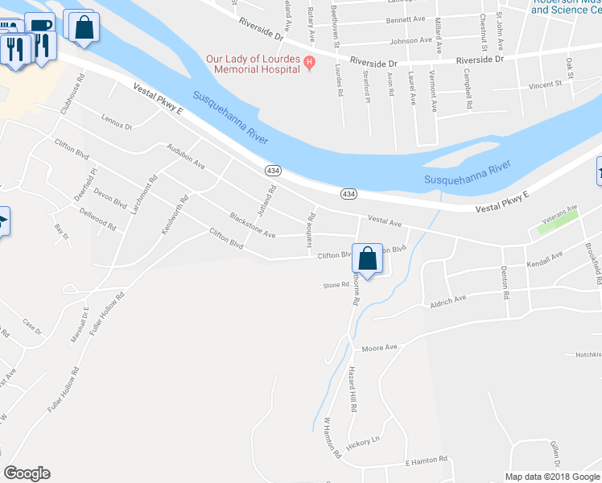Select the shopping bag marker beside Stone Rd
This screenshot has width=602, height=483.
[x=367, y=260]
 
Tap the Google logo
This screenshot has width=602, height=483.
[x=27, y=473]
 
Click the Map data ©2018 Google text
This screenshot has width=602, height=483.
[x=552, y=477]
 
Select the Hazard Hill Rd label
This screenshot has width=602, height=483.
[x=352, y=388]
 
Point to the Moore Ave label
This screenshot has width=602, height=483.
[x=380, y=348]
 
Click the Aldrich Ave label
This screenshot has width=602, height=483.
[x=448, y=299]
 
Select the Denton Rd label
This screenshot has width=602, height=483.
[x=505, y=283]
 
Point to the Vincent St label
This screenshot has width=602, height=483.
[x=545, y=84]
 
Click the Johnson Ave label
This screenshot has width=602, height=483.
[x=410, y=40]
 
